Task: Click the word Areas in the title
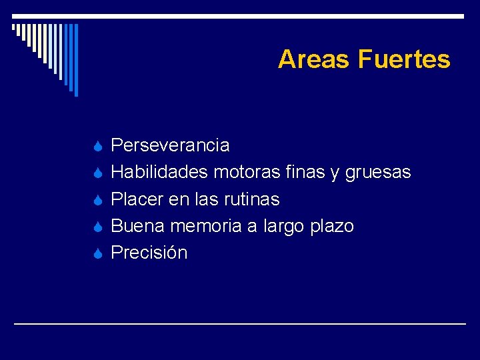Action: point(315,59)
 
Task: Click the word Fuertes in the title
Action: point(404,59)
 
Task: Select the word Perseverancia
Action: point(170,145)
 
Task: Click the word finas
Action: point(303,173)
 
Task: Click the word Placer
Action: point(139,199)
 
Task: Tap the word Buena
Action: point(138,226)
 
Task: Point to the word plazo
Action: point(332,227)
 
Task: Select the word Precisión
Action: point(149,253)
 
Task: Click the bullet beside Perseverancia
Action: point(97,146)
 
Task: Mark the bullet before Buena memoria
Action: point(97,227)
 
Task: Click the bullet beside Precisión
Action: point(97,253)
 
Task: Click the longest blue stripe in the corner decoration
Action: point(76,60)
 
